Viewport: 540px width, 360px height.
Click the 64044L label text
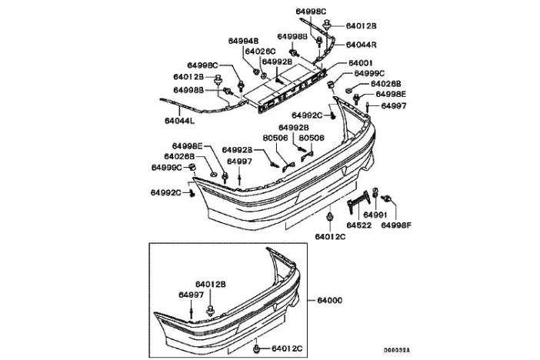click(179, 121)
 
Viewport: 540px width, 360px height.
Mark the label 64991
click(375, 215)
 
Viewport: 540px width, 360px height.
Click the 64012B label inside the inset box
click(210, 284)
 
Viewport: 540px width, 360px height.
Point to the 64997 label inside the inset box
click(192, 295)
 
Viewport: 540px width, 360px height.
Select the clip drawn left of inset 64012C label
click(255, 350)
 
